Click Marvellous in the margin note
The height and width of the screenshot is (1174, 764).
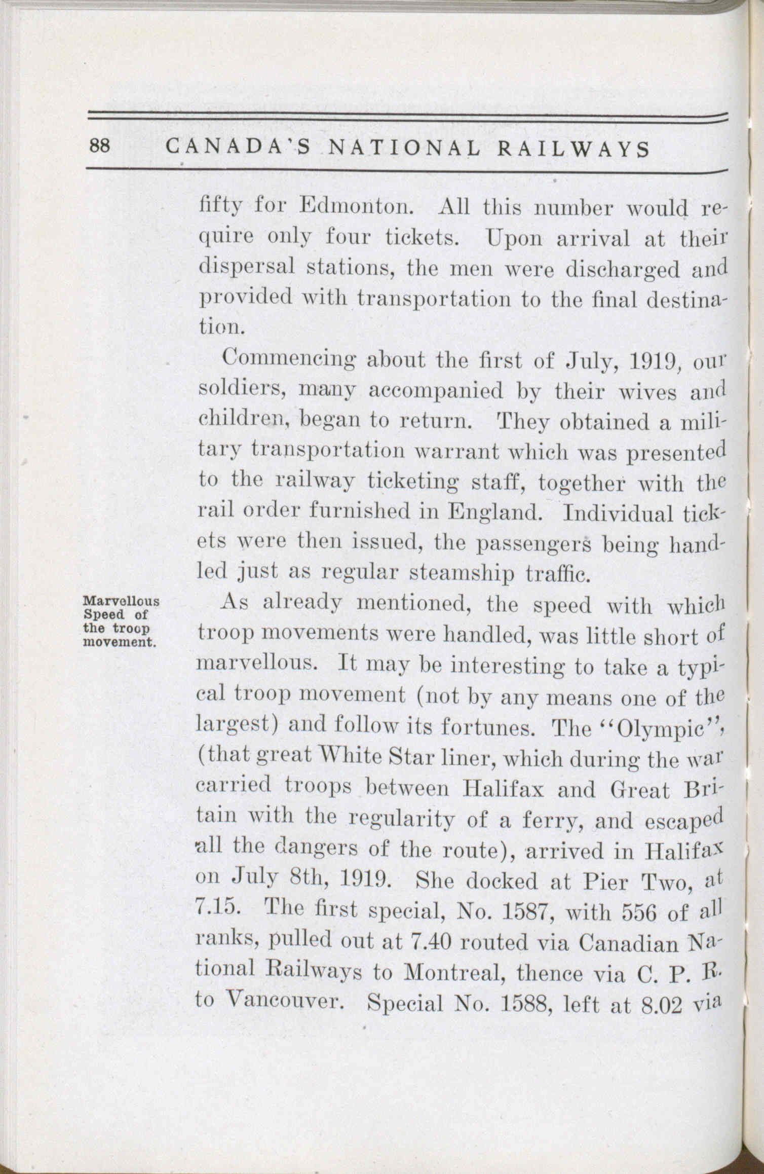click(121, 602)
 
